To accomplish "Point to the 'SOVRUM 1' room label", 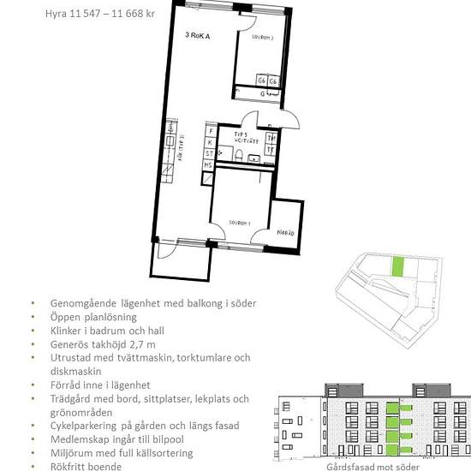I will (x=240, y=222).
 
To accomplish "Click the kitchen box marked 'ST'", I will (x=209, y=153).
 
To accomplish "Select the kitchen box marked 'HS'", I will (x=208, y=165).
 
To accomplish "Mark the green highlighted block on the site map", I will (x=396, y=266).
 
